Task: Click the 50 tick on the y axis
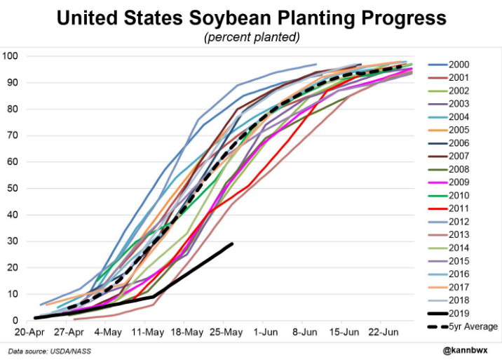12,188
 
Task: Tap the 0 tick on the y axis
15,321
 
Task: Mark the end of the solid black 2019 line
232,244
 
